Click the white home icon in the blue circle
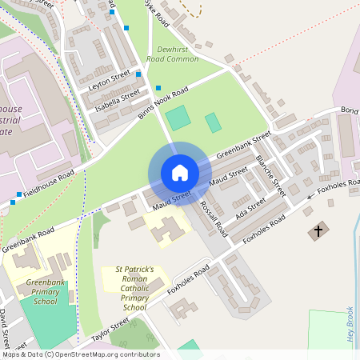coord(180,173)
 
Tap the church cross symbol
coord(318,232)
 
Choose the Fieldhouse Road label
coord(49,183)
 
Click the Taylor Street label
coord(110,330)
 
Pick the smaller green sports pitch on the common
coord(213,122)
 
